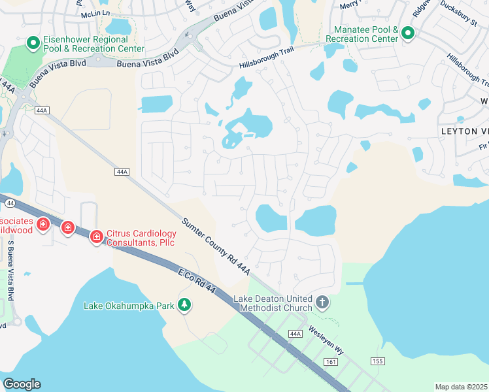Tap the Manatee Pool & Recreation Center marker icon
[x=408, y=33]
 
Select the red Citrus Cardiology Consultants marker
[x=96, y=235]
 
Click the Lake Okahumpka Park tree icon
[x=185, y=304]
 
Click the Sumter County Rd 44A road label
[x=216, y=246]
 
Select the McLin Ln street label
[x=95, y=14]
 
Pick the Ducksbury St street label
[x=458, y=21]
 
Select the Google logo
[x=22, y=384]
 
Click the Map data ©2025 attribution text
[x=462, y=387]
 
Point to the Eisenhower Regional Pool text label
[x=95, y=43]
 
